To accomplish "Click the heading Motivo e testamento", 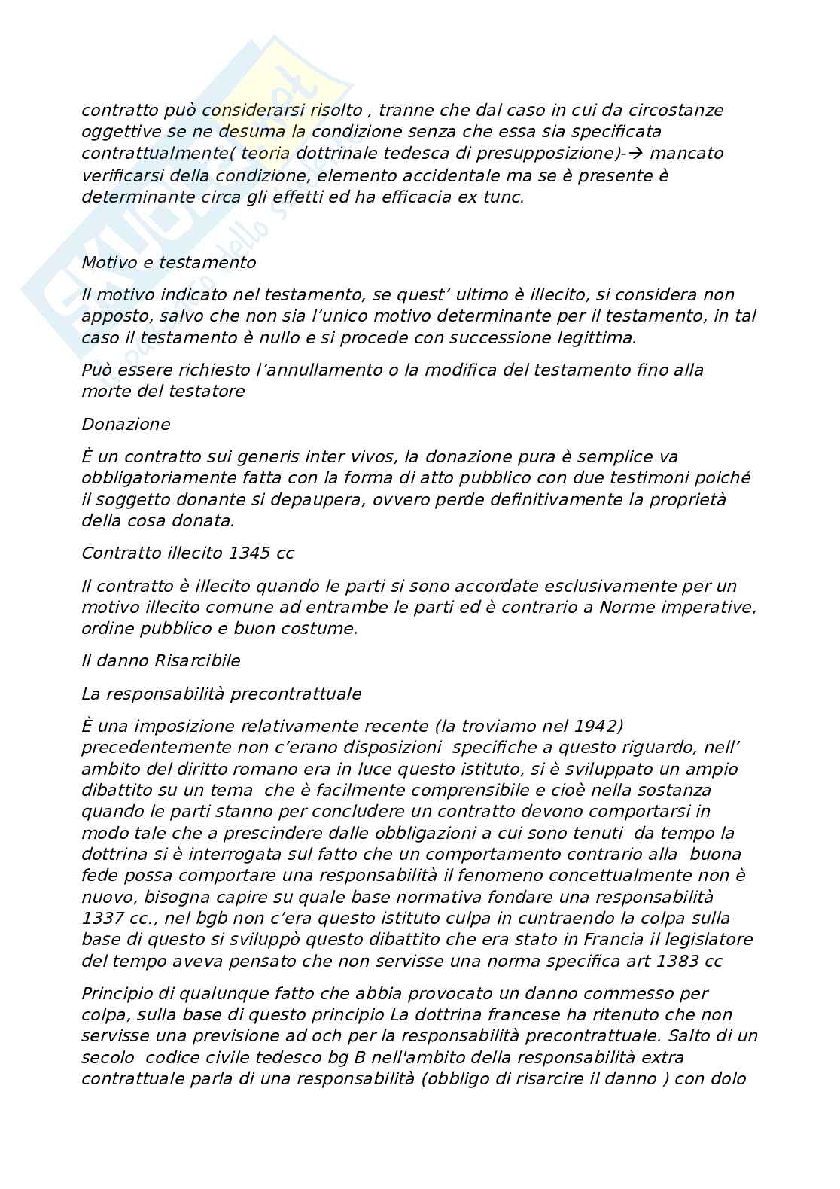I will (169, 263).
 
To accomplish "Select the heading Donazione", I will (126, 424).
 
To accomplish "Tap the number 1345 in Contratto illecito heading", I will (248, 553).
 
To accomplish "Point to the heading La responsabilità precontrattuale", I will (221, 694).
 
